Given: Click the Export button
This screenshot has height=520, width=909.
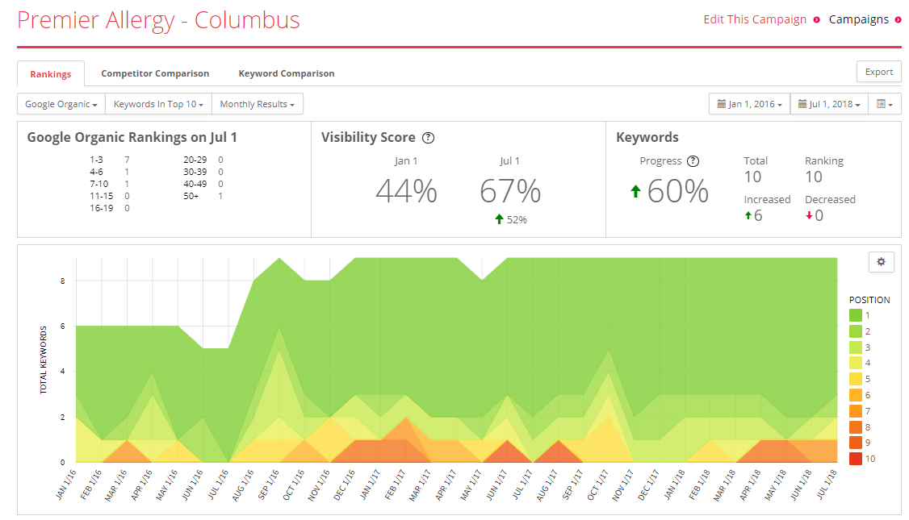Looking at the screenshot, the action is pyautogui.click(x=879, y=72).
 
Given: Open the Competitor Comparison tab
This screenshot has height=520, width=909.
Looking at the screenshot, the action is pyautogui.click(x=155, y=73).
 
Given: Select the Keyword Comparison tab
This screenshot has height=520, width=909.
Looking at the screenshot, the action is pyautogui.click(x=287, y=73).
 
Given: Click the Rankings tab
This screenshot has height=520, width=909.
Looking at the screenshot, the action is pyautogui.click(x=50, y=74).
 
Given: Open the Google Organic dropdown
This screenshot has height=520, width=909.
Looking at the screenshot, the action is pyautogui.click(x=61, y=104).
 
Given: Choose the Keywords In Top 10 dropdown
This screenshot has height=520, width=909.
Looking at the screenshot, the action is pyautogui.click(x=158, y=104).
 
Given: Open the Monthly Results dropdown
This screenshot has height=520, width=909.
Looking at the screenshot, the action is pyautogui.click(x=258, y=104).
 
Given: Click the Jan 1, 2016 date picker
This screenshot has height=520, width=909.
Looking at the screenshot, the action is pyautogui.click(x=750, y=104).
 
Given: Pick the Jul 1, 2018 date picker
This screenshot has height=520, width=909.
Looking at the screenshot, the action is pyautogui.click(x=829, y=104).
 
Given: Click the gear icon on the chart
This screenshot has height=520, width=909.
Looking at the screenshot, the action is pyautogui.click(x=882, y=262).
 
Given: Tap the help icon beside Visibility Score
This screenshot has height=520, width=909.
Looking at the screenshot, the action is pyautogui.click(x=428, y=138).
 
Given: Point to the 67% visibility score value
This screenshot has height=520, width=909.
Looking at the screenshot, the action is pyautogui.click(x=510, y=191).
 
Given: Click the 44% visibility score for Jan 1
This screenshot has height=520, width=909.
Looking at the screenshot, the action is pyautogui.click(x=406, y=191).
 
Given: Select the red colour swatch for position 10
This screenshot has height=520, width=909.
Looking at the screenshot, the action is pyautogui.click(x=855, y=459).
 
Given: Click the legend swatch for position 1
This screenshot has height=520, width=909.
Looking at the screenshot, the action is pyautogui.click(x=855, y=315).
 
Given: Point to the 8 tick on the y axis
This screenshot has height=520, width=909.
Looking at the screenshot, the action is pyautogui.click(x=63, y=281).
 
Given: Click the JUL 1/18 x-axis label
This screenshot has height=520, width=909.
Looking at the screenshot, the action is pyautogui.click(x=827, y=484).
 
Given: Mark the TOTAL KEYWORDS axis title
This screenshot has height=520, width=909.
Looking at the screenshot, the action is pyautogui.click(x=43, y=360).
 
